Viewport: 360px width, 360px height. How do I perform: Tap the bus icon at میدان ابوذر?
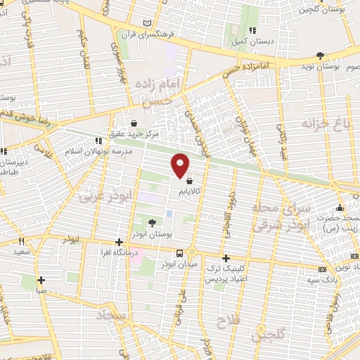tap(180, 253)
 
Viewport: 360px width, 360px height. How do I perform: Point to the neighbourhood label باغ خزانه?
tap(326, 125)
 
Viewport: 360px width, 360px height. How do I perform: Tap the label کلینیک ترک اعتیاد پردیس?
tap(226, 274)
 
